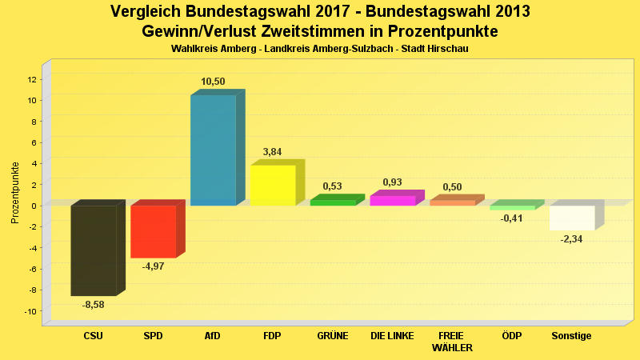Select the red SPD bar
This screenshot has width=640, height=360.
[x=153, y=231]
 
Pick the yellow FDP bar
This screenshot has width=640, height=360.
[x=273, y=185]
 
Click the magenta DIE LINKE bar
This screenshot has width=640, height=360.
[x=392, y=200]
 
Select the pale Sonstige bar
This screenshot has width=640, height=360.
[x=572, y=218]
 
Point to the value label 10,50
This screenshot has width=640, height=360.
[x=213, y=82]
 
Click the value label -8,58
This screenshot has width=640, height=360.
[x=94, y=305]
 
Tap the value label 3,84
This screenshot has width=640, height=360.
[x=272, y=152]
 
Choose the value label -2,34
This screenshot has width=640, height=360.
[x=571, y=239]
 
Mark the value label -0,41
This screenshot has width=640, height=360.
[x=511, y=218]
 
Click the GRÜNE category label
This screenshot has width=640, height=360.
[x=332, y=336]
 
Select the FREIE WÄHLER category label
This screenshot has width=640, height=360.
[x=452, y=342]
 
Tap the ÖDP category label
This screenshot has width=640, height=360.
[x=511, y=336]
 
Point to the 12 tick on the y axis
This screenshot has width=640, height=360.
[x=32, y=79]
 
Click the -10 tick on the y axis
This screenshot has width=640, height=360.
[x=30, y=311]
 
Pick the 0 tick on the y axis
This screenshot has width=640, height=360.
[x=34, y=206]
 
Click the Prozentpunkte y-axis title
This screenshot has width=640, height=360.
[x=15, y=193]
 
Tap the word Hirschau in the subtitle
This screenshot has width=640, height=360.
[x=449, y=49]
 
